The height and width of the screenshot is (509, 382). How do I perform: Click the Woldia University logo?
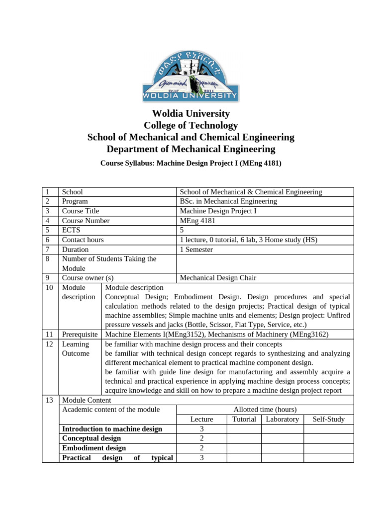191,74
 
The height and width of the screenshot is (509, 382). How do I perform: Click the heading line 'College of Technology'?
191,125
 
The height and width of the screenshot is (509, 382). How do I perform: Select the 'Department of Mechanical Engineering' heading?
191,149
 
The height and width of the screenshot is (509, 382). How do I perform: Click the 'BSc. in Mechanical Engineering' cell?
228,201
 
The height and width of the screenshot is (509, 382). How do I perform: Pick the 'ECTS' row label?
71,230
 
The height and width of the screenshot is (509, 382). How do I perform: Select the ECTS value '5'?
182,230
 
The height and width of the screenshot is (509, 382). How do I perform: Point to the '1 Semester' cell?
196,250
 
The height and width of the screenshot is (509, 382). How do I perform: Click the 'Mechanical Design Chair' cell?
218,278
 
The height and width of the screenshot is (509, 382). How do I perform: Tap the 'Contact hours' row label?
83,240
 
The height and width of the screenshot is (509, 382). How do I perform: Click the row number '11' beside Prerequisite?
49,335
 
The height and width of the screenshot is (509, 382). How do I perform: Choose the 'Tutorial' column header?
244,419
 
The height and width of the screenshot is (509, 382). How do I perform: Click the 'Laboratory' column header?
282,419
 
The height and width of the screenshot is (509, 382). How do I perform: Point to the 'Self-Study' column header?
328,419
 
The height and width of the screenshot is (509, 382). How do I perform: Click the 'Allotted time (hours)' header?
265,410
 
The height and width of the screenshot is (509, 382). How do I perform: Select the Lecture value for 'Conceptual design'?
201,438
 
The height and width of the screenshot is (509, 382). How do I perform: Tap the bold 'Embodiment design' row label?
94,448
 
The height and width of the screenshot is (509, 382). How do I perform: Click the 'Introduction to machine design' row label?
112,429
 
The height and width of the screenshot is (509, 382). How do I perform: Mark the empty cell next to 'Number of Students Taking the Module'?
265,263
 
